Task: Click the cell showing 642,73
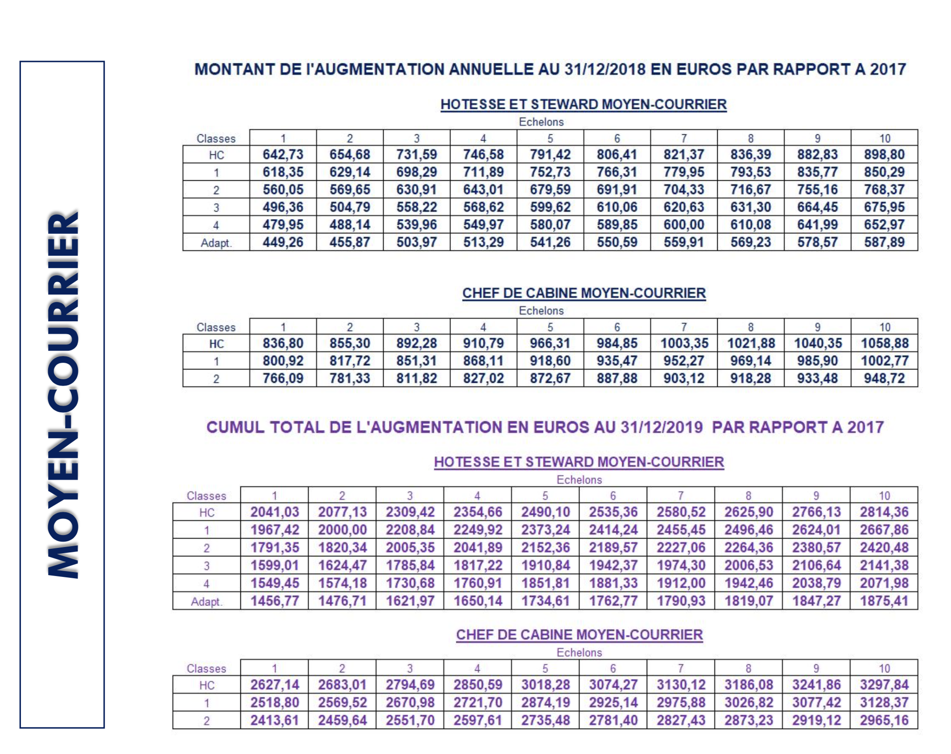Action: (x=283, y=155)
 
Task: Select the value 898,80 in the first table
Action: (x=884, y=155)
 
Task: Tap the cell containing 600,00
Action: (x=684, y=225)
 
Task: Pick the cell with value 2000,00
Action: (x=342, y=530)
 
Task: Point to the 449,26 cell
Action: (x=283, y=242)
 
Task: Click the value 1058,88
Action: (x=885, y=343)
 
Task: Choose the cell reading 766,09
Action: (x=283, y=378)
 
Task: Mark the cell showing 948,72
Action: (x=884, y=378)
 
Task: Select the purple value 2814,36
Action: (x=884, y=512)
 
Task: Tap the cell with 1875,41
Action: (x=884, y=601)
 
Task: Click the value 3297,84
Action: (x=884, y=685)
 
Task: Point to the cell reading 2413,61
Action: (x=274, y=720)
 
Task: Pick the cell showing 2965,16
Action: (x=884, y=720)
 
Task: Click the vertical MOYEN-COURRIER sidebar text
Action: (x=63, y=394)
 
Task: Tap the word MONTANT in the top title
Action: (x=234, y=70)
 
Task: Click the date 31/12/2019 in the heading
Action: (x=662, y=427)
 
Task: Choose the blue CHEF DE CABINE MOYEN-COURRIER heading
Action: (x=583, y=293)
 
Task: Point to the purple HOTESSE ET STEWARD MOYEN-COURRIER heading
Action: (x=579, y=462)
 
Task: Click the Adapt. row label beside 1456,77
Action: (x=206, y=601)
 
